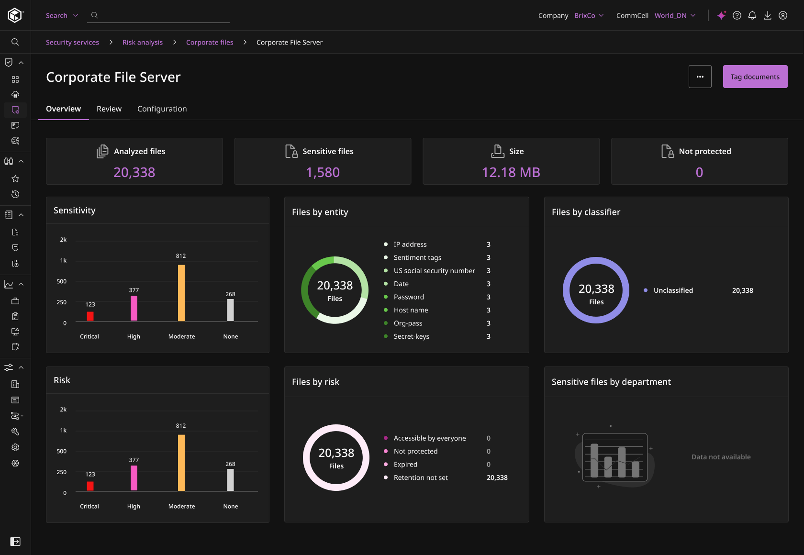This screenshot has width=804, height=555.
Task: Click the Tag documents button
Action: pos(755,77)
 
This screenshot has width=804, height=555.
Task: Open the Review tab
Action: pos(109,109)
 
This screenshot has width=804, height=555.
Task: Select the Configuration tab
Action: pos(162,109)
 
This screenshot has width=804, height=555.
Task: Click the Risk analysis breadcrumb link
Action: pos(143,43)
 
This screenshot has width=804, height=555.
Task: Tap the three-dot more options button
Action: pos(700,77)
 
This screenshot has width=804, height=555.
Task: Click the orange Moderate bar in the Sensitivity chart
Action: pos(181,293)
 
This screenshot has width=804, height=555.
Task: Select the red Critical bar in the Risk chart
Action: pos(90,486)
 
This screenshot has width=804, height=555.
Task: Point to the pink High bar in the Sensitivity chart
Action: pos(134,308)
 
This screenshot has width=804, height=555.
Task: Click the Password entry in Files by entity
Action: pos(409,297)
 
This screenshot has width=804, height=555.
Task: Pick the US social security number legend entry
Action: pos(434,271)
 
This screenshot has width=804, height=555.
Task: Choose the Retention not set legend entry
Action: pos(421,477)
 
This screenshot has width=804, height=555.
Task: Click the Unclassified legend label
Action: pos(673,290)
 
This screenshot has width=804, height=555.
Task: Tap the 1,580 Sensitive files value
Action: pos(323,172)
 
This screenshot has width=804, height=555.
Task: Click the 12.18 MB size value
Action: pos(511,172)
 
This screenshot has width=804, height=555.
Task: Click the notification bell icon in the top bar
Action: pos(752,15)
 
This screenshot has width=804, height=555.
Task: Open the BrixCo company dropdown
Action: pos(589,15)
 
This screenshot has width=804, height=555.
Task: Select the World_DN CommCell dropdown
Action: pos(675,15)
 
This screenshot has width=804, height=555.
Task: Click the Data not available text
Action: pos(721,457)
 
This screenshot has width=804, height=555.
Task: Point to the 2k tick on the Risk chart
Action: pos(63,410)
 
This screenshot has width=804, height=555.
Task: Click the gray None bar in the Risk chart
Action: pos(230,479)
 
